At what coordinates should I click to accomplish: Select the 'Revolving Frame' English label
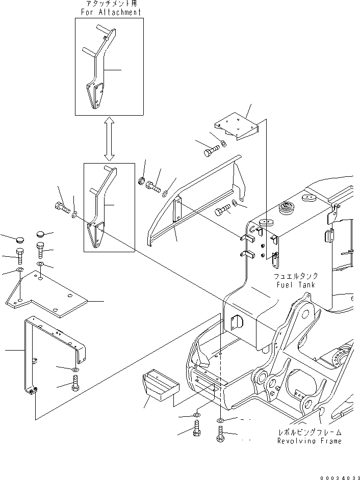pyautogui.click(x=309, y=441)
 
